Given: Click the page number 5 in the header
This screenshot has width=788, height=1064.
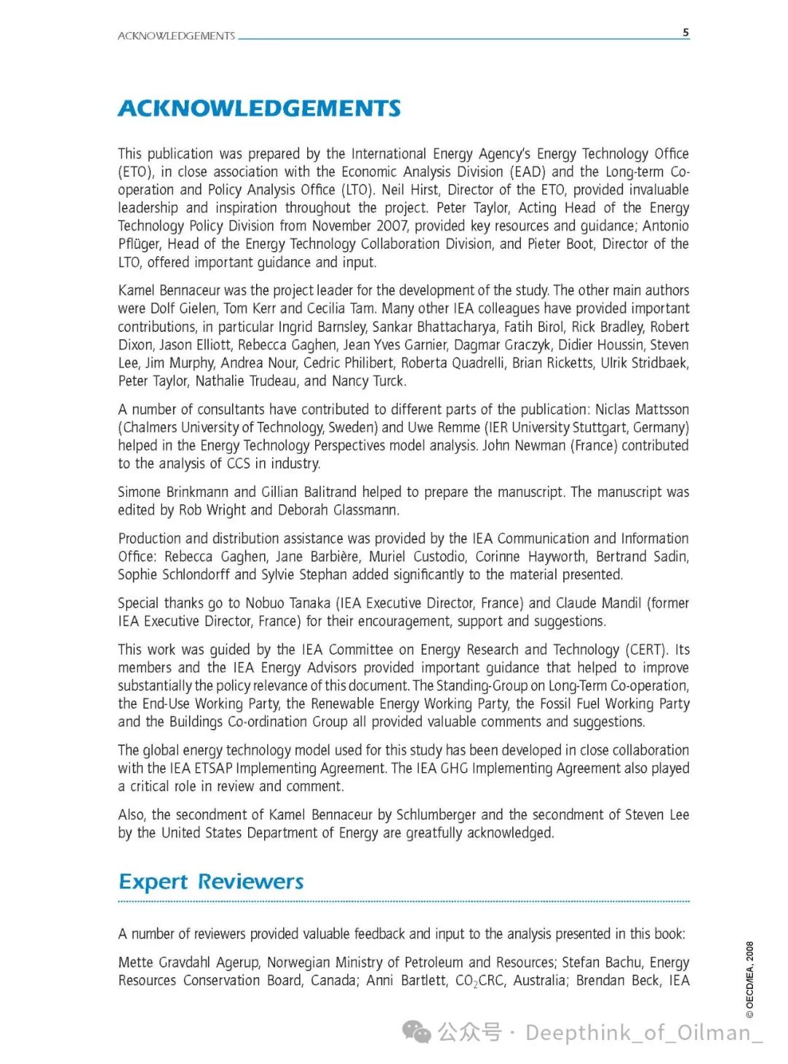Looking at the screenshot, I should click(x=685, y=32).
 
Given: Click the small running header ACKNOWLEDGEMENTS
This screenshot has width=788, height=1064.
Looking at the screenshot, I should click(x=176, y=36).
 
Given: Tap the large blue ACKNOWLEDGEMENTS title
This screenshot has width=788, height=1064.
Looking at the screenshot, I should click(x=259, y=109).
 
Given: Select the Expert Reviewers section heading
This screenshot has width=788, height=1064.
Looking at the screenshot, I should click(x=211, y=882).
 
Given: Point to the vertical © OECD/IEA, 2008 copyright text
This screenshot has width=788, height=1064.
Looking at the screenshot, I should click(x=750, y=980).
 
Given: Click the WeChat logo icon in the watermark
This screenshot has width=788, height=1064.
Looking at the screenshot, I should click(x=417, y=1032).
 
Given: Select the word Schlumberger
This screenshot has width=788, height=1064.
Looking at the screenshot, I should click(x=436, y=815).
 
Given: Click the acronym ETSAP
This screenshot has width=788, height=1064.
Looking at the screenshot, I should click(x=213, y=768).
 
